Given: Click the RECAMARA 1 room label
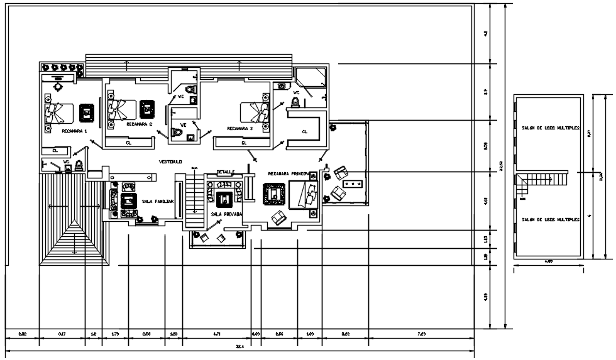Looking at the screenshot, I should [x=75, y=131].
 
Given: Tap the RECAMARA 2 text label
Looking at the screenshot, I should [x=140, y=124].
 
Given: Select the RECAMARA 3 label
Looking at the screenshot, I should [x=240, y=128].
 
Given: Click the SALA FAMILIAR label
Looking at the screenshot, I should [x=157, y=201].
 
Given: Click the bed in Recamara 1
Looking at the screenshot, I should [x=53, y=114].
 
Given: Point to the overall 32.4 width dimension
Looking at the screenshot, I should [x=239, y=346].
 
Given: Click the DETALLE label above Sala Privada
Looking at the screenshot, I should [x=226, y=172].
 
